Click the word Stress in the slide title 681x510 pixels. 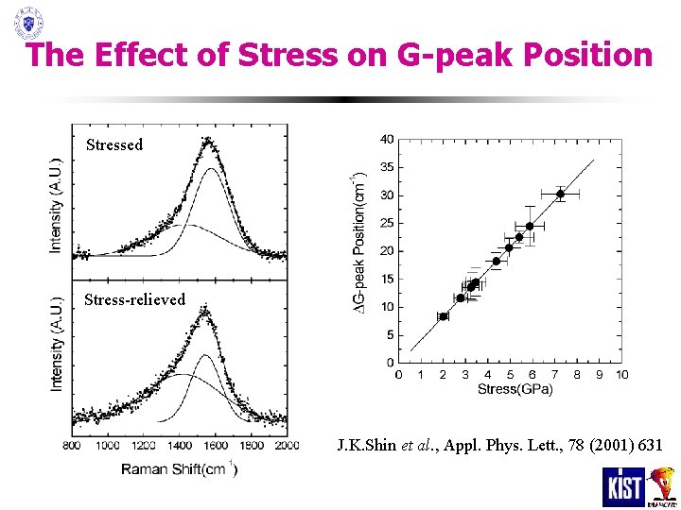pos(288,55)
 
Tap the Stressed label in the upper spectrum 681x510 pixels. pos(114,144)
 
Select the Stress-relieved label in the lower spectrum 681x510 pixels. pos(134,299)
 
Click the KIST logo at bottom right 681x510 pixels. pos(623,487)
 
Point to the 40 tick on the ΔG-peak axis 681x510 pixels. pos(387,140)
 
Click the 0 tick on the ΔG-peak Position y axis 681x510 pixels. pos(391,363)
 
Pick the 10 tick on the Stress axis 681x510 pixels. pos(621,375)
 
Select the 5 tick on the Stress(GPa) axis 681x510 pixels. pos(510,375)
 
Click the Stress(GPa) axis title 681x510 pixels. pos(510,388)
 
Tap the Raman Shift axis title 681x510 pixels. pos(179,467)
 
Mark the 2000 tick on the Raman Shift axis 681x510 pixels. pos(286,445)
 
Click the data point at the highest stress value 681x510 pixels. pos(560,194)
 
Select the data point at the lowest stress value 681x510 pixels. pos(443,316)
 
